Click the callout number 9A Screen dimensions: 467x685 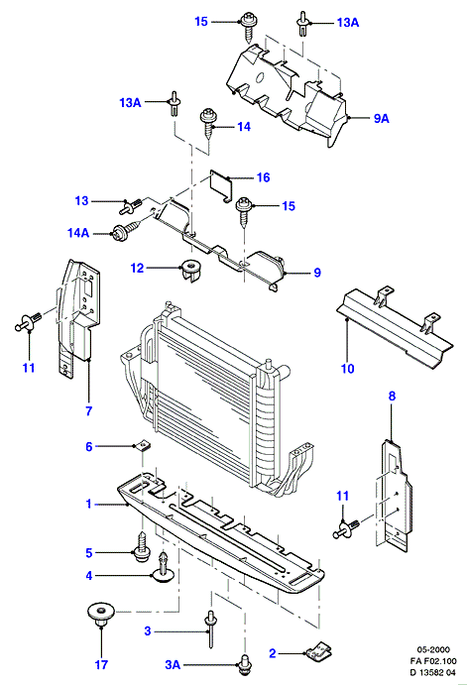click(x=382, y=118)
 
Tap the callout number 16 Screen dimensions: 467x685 click(x=263, y=177)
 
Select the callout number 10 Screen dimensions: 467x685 click(x=347, y=369)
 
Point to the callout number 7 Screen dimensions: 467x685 click(x=88, y=410)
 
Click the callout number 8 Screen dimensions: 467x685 click(x=392, y=397)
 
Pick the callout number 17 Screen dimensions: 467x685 click(x=101, y=665)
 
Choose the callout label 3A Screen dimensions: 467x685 click(x=173, y=665)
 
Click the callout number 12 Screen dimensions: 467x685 click(x=137, y=268)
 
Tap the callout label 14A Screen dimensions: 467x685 click(x=78, y=233)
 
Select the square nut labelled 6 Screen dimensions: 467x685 click(x=140, y=447)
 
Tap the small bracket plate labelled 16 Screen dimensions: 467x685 click(x=221, y=185)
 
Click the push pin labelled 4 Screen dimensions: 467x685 click(x=164, y=568)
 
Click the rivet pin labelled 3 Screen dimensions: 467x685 click(x=210, y=629)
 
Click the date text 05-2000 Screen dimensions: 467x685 click(x=433, y=649)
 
